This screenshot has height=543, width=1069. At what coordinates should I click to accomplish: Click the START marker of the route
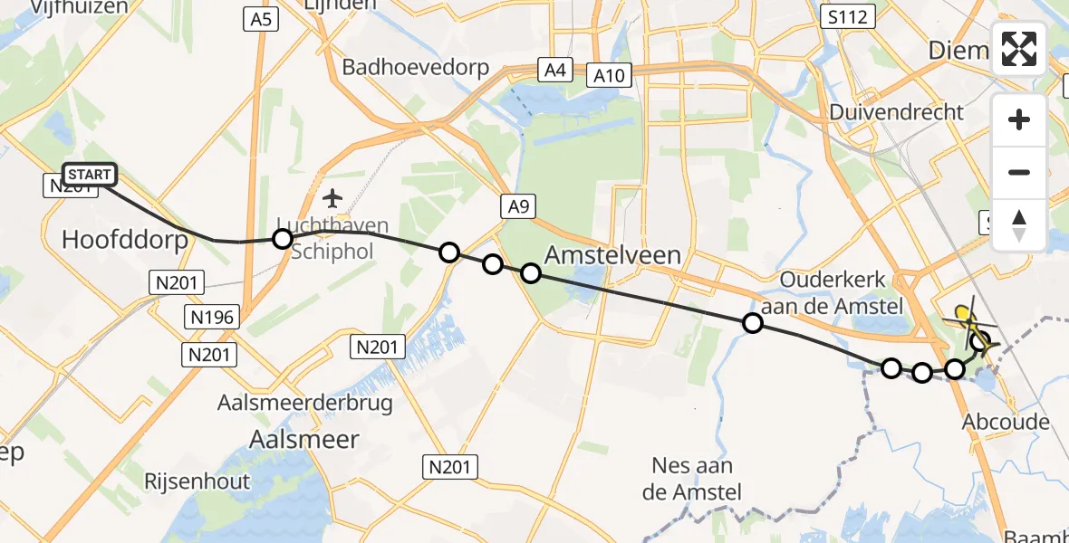tap(89, 174)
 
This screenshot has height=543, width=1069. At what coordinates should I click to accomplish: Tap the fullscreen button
tap(1019, 49)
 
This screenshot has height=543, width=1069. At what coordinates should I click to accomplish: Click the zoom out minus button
tap(1019, 172)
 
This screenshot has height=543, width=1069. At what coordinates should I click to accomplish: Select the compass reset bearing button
tap(1019, 225)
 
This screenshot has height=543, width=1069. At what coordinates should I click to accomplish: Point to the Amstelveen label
tap(613, 255)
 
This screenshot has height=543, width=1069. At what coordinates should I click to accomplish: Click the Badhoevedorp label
tap(415, 67)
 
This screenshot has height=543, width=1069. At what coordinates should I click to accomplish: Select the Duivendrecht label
tap(898, 112)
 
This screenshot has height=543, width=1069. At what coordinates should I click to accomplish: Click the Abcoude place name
tap(1006, 422)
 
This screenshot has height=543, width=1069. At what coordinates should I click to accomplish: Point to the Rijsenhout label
tap(197, 481)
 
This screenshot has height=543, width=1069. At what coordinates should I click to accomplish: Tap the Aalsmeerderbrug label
tap(305, 403)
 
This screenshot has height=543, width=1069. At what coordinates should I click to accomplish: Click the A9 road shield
tap(517, 207)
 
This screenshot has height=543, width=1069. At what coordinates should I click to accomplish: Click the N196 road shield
tap(213, 317)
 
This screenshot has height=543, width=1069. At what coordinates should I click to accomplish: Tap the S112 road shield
tap(847, 16)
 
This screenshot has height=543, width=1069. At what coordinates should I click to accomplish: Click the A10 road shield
tap(610, 75)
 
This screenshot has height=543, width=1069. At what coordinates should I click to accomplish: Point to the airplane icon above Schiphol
tap(332, 197)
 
